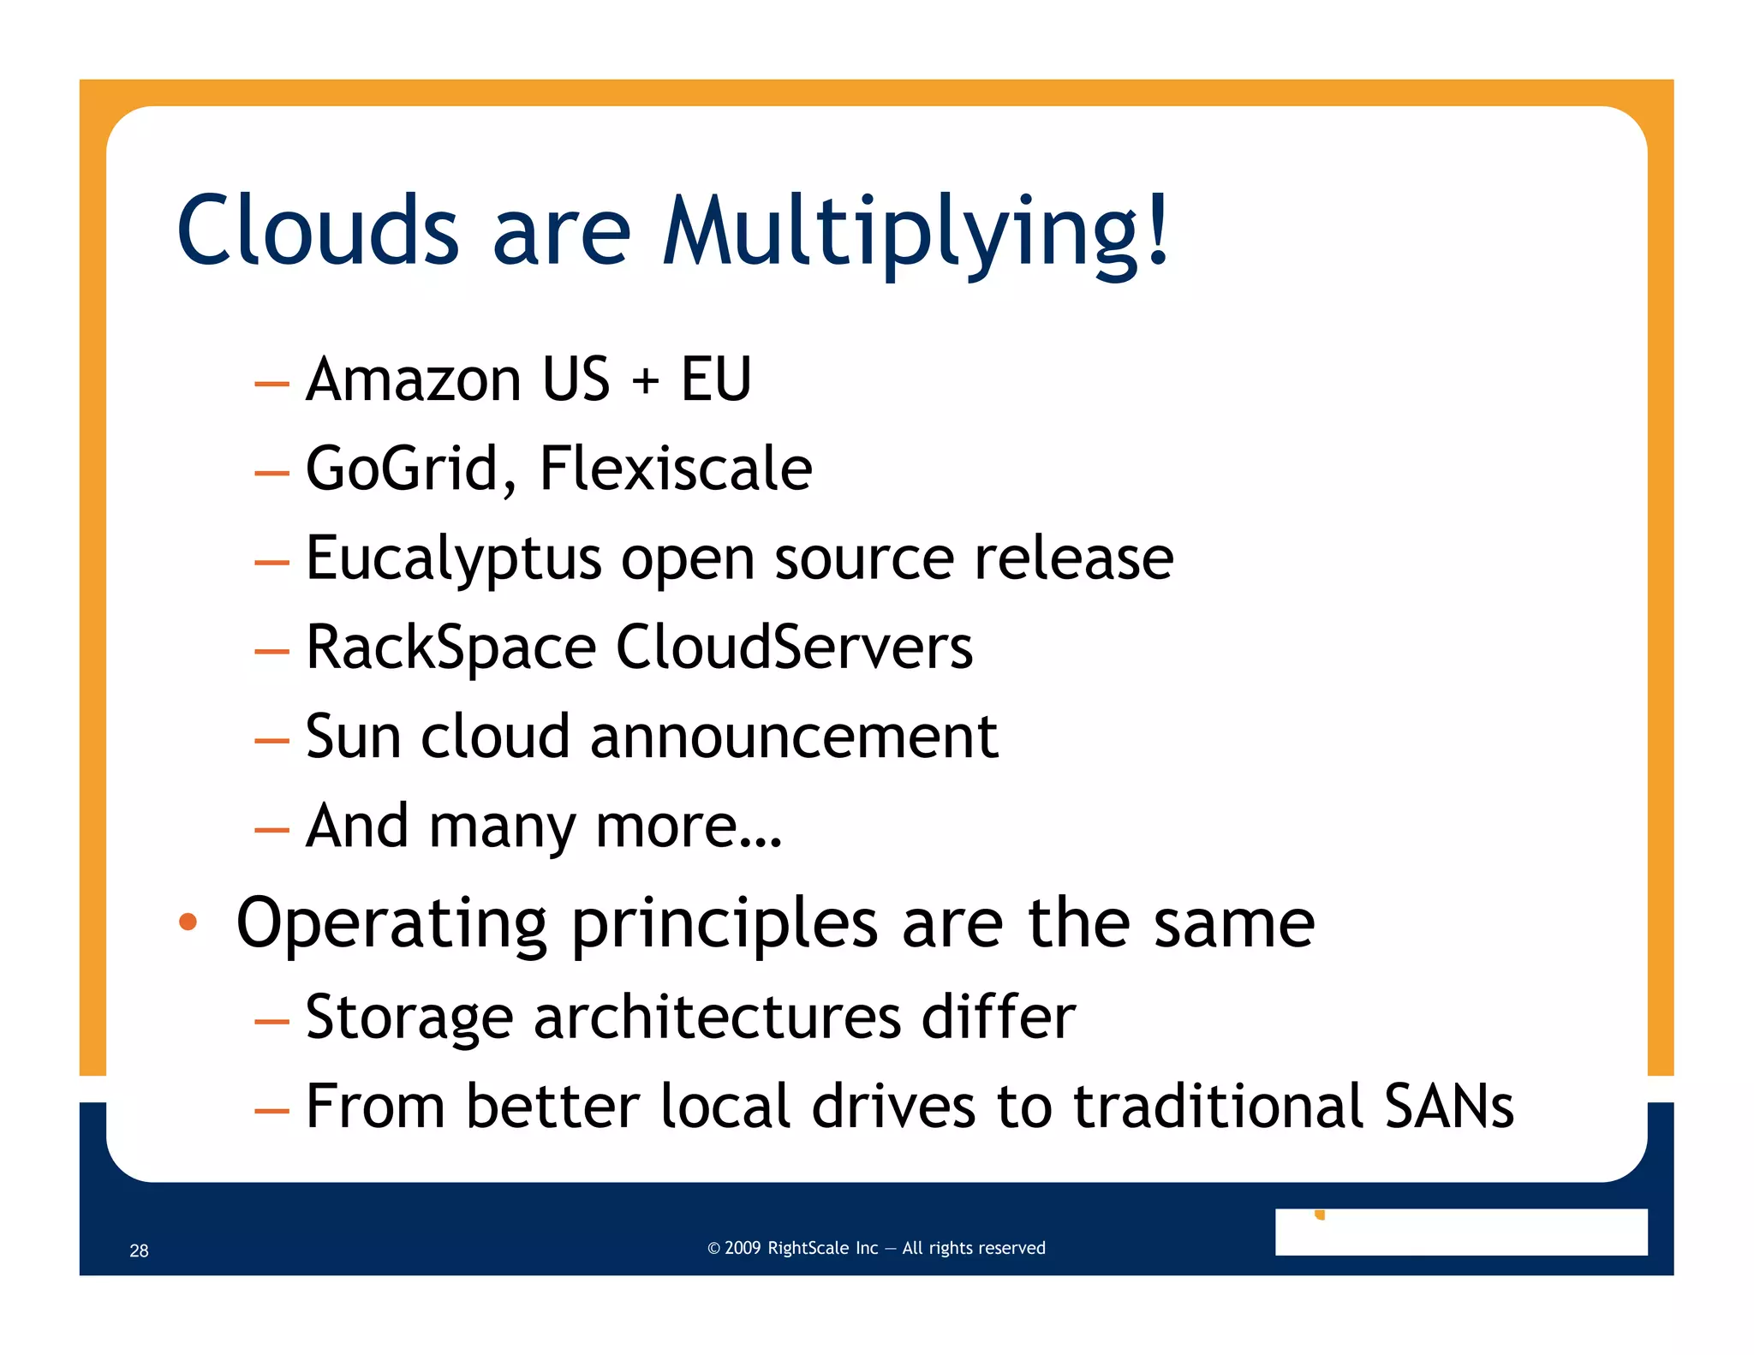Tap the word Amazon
(x=414, y=379)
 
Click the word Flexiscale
(x=676, y=469)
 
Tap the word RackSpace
(x=450, y=648)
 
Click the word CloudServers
(x=794, y=648)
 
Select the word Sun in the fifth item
(x=353, y=737)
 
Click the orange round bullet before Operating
(x=188, y=922)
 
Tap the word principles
(x=725, y=926)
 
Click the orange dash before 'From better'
(x=271, y=1111)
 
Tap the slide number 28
(x=139, y=1251)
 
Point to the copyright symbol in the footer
(x=713, y=1249)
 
